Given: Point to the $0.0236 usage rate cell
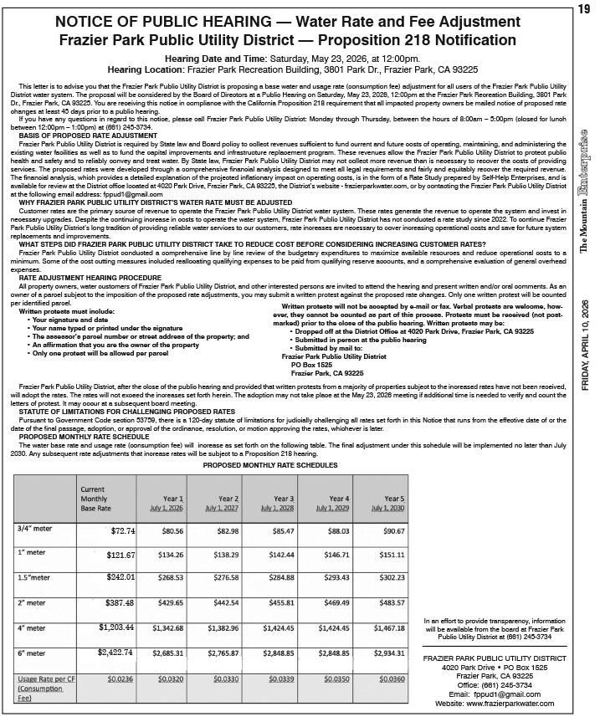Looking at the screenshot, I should pos(121,680).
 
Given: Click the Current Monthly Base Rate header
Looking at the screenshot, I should pos(100,498).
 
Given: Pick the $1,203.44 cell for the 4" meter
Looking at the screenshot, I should pos(117,627).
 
